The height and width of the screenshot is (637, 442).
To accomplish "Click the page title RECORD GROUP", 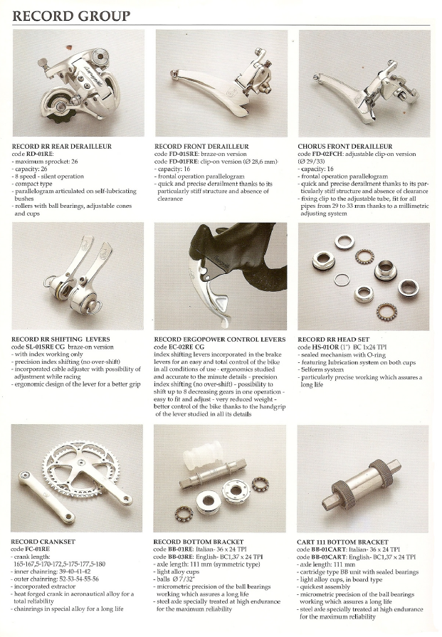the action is (x=71, y=16).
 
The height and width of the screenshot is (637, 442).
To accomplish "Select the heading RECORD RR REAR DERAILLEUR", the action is (x=62, y=146).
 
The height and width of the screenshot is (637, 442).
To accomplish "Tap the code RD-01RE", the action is (x=39, y=154).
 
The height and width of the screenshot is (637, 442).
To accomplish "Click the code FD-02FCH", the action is (x=327, y=154).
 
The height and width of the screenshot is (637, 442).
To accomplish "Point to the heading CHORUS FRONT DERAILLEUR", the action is (x=345, y=146).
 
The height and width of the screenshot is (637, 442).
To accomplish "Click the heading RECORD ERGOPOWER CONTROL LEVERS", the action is (x=220, y=339).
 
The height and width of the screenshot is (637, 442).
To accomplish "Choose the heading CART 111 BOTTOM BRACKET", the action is (x=342, y=542).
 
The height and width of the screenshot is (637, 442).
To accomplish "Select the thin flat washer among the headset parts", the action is (x=342, y=280).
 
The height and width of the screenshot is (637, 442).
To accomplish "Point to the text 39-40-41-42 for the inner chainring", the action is (x=73, y=572).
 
